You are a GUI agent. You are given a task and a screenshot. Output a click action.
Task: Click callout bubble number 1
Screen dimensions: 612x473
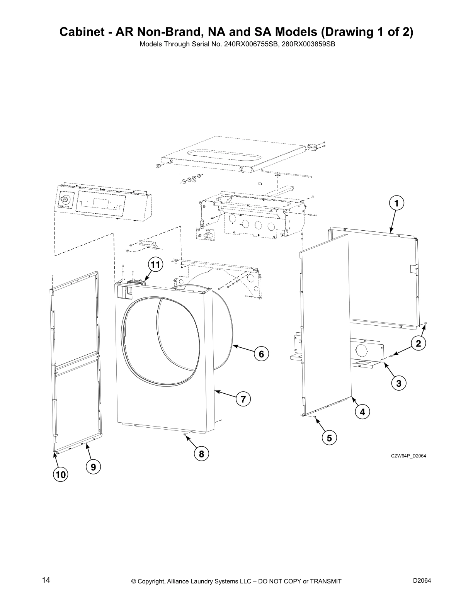[x=396, y=203]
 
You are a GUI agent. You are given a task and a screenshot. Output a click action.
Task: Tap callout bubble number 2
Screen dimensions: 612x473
[x=418, y=342]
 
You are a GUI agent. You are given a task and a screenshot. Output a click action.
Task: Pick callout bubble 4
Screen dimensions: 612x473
[x=362, y=412]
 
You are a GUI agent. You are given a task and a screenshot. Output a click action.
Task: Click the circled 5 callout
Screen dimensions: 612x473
[x=329, y=438]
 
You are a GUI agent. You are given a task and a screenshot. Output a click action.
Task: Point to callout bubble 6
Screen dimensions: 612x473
[x=261, y=354]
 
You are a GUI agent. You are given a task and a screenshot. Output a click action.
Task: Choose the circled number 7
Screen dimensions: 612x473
[x=243, y=399]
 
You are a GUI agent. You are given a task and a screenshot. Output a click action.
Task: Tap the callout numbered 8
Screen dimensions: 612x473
[x=201, y=454]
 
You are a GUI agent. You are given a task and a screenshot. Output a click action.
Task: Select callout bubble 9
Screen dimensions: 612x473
[x=93, y=467]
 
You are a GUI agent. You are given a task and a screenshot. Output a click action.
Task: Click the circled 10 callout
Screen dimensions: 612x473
[x=60, y=475]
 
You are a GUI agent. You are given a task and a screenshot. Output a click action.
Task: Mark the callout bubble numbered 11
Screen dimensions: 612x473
[x=155, y=265]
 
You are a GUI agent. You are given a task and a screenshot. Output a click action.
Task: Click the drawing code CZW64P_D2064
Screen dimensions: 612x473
[x=408, y=456]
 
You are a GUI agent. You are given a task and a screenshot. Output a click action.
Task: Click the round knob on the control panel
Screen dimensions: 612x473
[x=65, y=199]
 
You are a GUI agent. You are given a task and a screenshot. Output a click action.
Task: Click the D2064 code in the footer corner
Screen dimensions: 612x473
[x=422, y=580]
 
